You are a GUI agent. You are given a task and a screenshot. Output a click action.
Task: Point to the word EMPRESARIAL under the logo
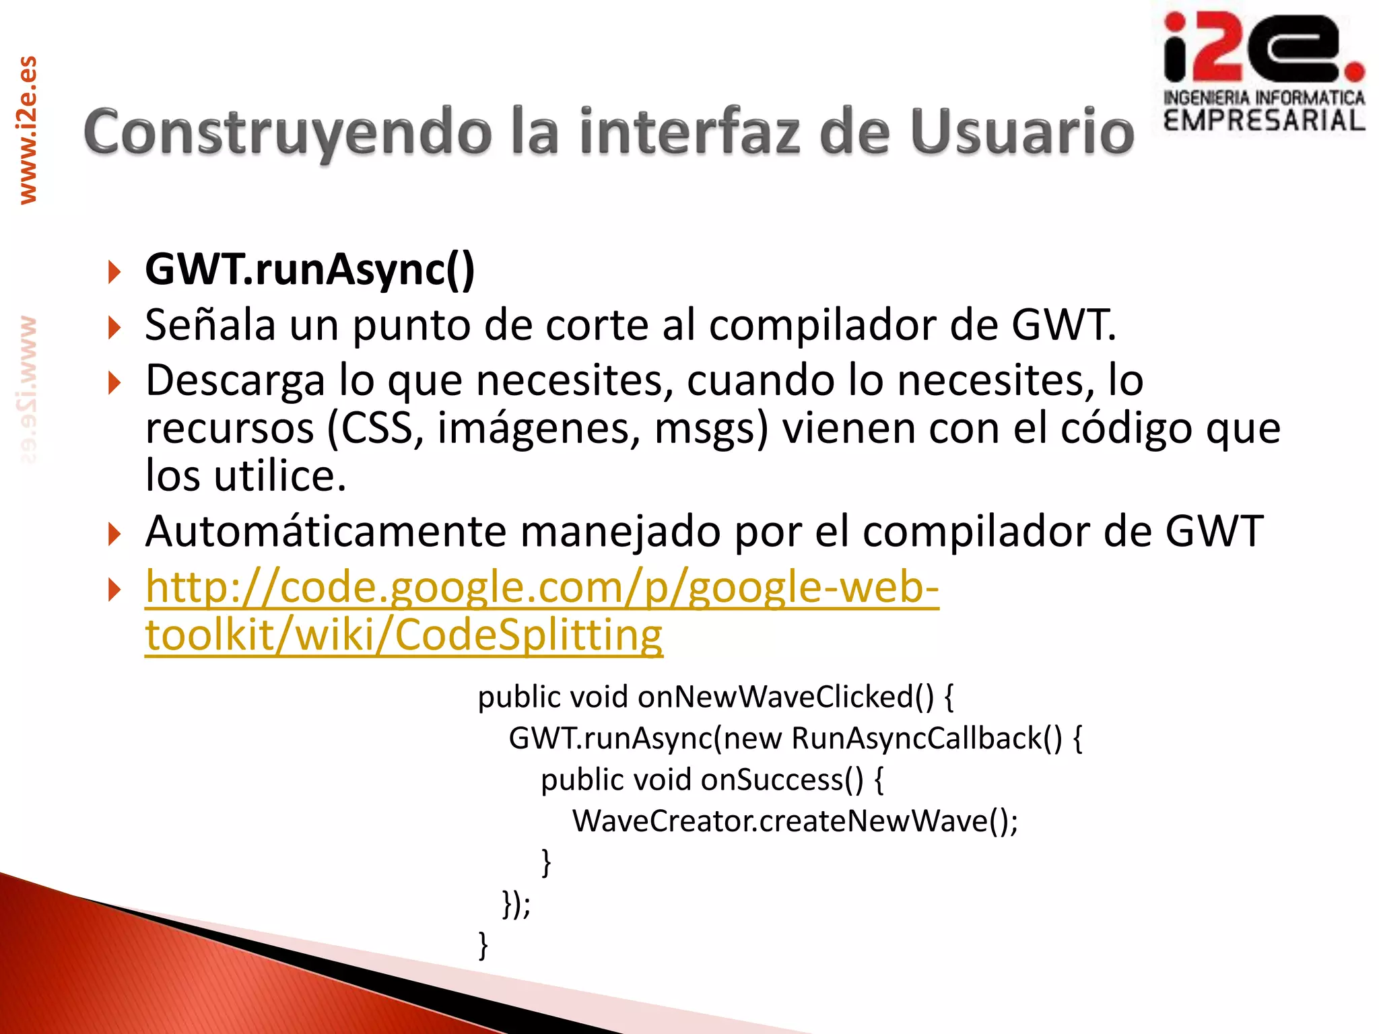point(1264,121)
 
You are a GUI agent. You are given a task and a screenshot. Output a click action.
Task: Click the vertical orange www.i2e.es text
point(28,130)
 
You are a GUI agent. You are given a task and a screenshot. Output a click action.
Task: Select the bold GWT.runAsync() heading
point(310,269)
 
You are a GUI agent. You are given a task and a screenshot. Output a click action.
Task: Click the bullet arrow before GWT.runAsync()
point(114,272)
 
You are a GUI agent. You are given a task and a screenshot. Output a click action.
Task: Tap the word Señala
point(210,325)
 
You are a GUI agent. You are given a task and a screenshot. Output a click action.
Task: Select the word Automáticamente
point(326,531)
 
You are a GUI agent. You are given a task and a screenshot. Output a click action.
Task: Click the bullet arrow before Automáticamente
point(114,535)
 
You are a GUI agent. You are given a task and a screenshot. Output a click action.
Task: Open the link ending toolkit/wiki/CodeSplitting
point(404,635)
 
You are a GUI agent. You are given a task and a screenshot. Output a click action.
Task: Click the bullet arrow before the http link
point(114,590)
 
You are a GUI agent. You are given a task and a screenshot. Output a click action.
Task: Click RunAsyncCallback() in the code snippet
point(927,738)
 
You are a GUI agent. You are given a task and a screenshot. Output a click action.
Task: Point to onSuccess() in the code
point(782,780)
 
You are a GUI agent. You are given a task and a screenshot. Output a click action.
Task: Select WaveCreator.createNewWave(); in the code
point(795,821)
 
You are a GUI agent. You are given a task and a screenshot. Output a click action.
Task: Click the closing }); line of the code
point(516,904)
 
